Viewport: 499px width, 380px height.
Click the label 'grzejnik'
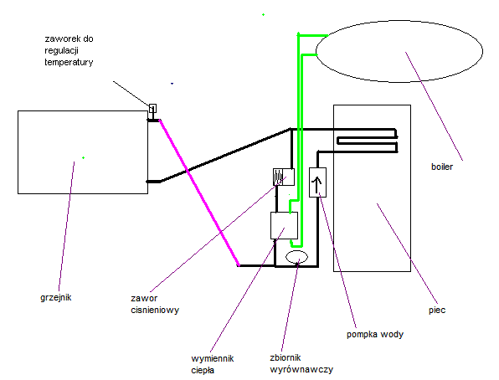(x=56, y=298)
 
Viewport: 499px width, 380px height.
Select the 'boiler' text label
(x=442, y=167)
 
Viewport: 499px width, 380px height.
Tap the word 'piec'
(x=437, y=310)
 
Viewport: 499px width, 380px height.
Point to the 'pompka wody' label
(x=375, y=335)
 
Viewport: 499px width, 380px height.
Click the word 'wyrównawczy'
(x=301, y=370)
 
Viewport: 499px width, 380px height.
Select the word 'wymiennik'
(x=213, y=359)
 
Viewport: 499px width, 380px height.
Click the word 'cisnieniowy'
(x=155, y=310)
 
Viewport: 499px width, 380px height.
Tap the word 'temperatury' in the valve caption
(x=69, y=62)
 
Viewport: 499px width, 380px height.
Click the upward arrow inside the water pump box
(x=317, y=185)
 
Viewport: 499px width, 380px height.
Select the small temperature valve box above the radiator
(x=152, y=108)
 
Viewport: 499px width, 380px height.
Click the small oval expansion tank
(x=296, y=257)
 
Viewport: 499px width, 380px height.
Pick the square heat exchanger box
(x=284, y=225)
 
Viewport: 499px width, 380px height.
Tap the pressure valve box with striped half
(x=284, y=177)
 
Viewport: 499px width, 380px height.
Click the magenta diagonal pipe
(x=199, y=193)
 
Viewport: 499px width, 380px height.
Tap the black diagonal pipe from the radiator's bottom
(x=225, y=155)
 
